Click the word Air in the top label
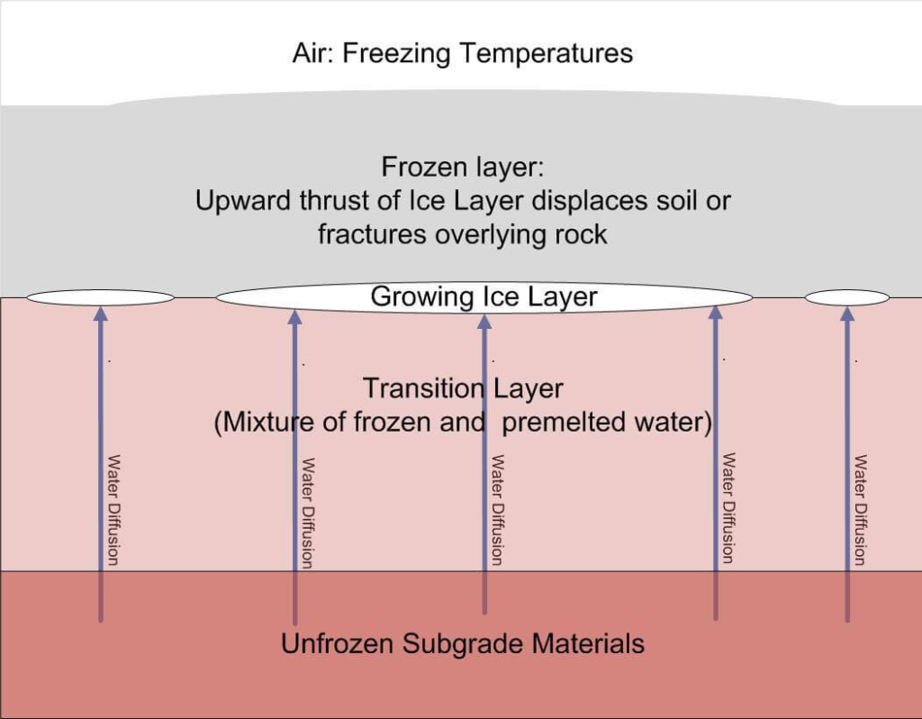click(x=311, y=53)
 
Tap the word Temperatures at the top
click(x=547, y=53)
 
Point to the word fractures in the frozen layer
click(x=372, y=234)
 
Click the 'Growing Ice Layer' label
click(x=484, y=296)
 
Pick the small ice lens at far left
click(x=100, y=297)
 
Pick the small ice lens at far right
click(x=846, y=297)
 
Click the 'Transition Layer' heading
click(x=463, y=388)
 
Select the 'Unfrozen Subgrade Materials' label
click(x=463, y=644)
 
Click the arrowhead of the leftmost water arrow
click(x=100, y=314)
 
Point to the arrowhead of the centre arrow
click(x=484, y=321)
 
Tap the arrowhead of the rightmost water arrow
click(x=846, y=314)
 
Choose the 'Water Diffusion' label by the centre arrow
click(x=496, y=510)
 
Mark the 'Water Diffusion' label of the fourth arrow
click(x=728, y=508)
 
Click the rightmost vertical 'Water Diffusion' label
click(x=860, y=510)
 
